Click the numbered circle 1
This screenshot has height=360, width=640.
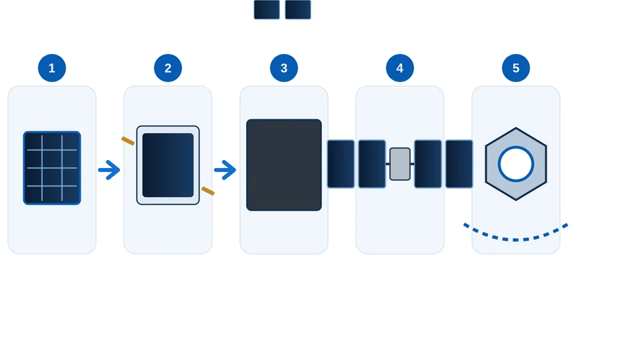(x=52, y=68)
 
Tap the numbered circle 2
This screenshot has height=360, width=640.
(x=168, y=68)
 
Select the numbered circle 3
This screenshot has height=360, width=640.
(x=284, y=68)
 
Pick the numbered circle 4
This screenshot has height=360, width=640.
(x=399, y=68)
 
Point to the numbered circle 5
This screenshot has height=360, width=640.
(x=515, y=68)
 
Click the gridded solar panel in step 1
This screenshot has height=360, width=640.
(x=52, y=168)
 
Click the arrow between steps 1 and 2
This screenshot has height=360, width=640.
(x=109, y=170)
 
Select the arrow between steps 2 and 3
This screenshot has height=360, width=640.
(x=225, y=170)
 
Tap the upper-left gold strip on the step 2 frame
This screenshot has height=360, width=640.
(x=128, y=141)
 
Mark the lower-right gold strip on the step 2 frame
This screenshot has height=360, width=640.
(x=208, y=191)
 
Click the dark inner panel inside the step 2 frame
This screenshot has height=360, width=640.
(x=168, y=165)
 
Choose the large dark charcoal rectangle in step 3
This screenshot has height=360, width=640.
(x=284, y=165)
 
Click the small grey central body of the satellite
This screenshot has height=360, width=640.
(x=400, y=164)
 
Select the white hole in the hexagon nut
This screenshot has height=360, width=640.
(x=516, y=164)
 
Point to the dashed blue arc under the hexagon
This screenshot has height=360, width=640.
(x=515, y=239)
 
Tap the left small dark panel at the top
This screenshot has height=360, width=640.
(x=267, y=9)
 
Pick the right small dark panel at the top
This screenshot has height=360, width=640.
(x=298, y=9)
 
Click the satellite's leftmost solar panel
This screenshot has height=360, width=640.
(x=341, y=164)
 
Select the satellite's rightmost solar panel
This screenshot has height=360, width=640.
(x=459, y=164)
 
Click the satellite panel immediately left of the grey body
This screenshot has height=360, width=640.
(x=372, y=164)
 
